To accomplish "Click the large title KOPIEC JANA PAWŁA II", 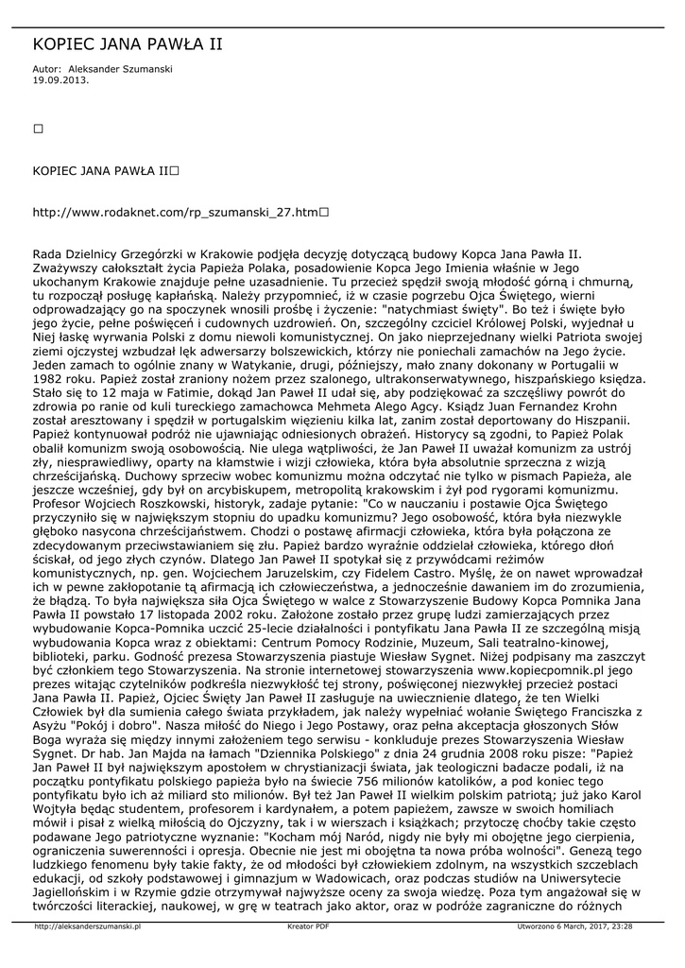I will click(x=128, y=44).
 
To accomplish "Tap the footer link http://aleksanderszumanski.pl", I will click(x=88, y=927).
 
